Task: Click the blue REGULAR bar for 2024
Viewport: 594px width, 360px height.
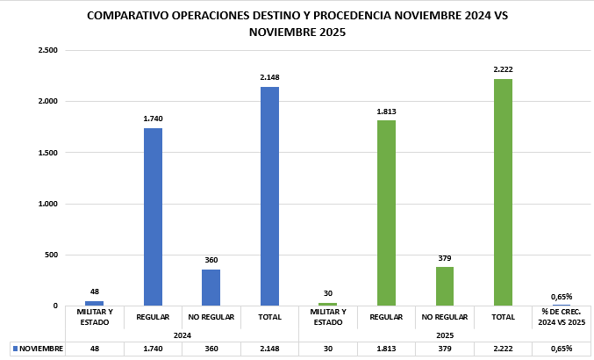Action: (x=153, y=217)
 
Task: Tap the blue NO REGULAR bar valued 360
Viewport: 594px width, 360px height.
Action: (x=211, y=287)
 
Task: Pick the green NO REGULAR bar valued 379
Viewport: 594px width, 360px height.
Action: (x=445, y=286)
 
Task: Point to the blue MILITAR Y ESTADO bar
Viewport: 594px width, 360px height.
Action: (x=94, y=303)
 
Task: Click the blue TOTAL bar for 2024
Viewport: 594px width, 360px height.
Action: (x=269, y=196)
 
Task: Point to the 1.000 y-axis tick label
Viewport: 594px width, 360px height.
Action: (x=47, y=204)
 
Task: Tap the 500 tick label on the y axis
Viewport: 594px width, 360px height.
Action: (x=51, y=255)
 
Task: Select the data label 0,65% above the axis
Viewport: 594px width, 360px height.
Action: (x=562, y=297)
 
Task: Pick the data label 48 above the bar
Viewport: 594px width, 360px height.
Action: (x=94, y=292)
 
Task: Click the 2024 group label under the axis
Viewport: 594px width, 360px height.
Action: (x=182, y=335)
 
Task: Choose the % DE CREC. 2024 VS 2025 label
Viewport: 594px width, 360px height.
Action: (x=562, y=317)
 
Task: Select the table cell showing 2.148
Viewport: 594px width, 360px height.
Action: (x=269, y=349)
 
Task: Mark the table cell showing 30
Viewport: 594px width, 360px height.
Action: (x=328, y=349)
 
